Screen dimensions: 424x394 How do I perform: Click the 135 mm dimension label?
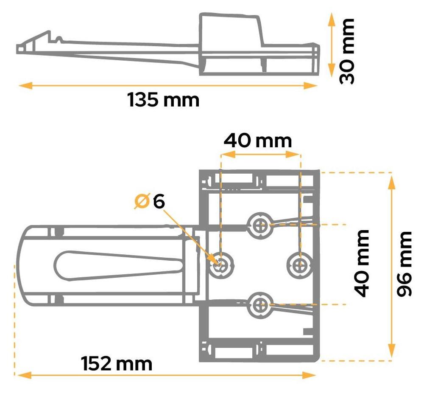(x=163, y=100)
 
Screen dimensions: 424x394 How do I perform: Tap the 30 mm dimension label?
(x=347, y=51)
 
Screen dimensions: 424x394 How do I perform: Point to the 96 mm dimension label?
(x=404, y=264)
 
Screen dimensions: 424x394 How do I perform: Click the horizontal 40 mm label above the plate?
(x=258, y=141)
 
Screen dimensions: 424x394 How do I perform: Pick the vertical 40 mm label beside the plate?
(x=362, y=263)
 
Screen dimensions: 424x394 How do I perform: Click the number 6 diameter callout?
(x=159, y=202)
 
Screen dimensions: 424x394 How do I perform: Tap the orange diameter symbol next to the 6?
(x=142, y=201)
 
